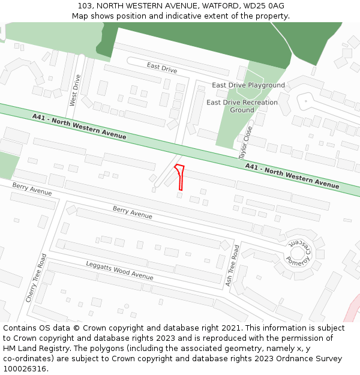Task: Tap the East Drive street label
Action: pyautogui.click(x=161, y=69)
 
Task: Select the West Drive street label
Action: pyautogui.click(x=75, y=90)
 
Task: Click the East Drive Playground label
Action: pyautogui.click(x=248, y=85)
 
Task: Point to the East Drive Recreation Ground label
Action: pyautogui.click(x=242, y=106)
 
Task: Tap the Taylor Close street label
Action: pyautogui.click(x=247, y=143)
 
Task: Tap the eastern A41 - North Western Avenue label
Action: pyautogui.click(x=292, y=175)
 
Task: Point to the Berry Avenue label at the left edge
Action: pyautogui.click(x=32, y=190)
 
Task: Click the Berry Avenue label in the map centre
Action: pyautogui.click(x=133, y=212)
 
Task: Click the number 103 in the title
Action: pyautogui.click(x=85, y=6)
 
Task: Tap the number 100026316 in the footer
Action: pyautogui.click(x=25, y=369)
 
